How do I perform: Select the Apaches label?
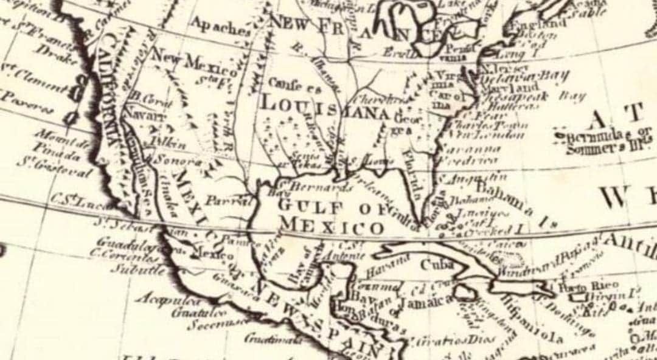tap(220, 26)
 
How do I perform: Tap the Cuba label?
tap(436, 265)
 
